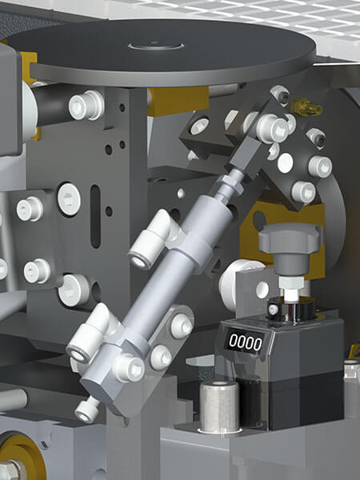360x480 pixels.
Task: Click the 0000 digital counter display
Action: (245, 342)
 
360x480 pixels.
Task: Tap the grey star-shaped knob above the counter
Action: (290, 238)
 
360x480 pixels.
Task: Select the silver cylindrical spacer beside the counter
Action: (219, 406)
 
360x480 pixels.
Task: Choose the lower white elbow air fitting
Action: (92, 334)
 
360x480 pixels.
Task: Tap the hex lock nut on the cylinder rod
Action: (230, 184)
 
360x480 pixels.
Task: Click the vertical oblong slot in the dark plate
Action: (95, 216)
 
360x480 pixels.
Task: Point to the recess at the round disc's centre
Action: (156, 46)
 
